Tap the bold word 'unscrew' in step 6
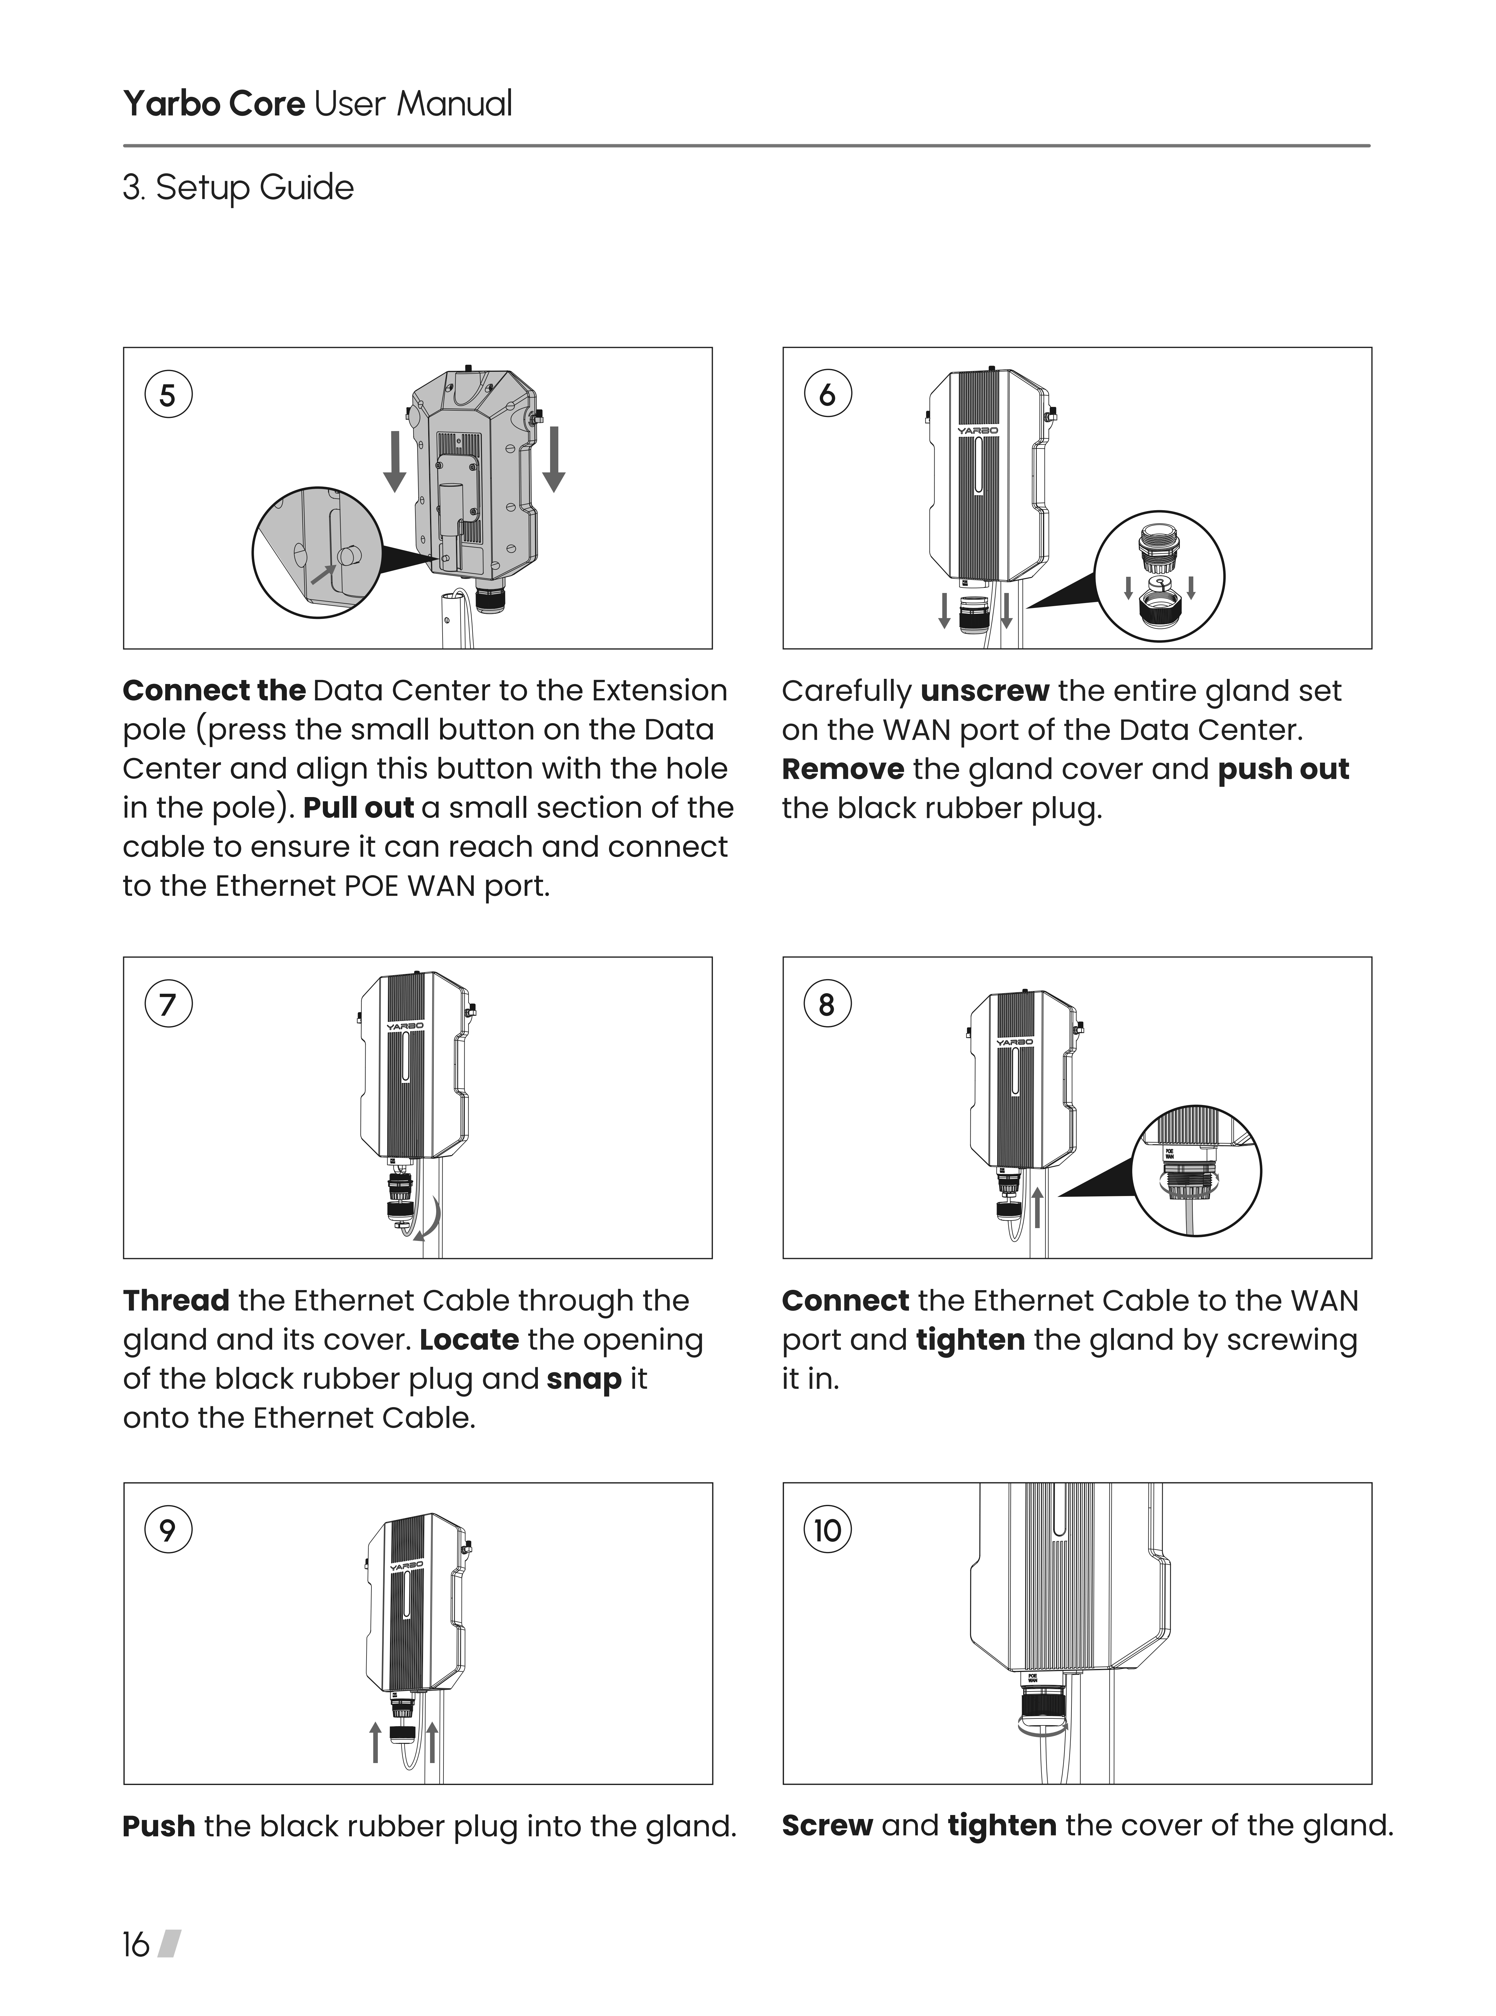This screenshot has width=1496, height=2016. (x=984, y=691)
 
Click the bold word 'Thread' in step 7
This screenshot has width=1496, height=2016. (x=176, y=1301)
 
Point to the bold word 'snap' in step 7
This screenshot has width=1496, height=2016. (x=584, y=1378)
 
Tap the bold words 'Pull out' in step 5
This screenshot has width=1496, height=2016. (x=359, y=808)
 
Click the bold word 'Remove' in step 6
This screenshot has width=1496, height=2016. (x=842, y=769)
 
